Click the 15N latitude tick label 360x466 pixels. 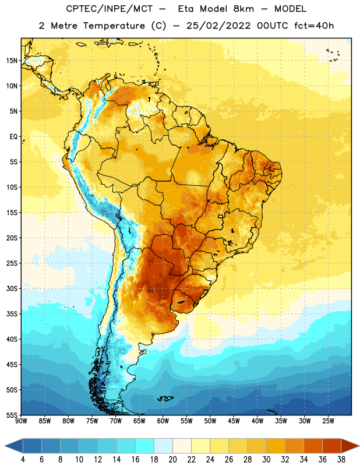[x=12, y=61]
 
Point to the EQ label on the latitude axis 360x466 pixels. [x=13, y=137]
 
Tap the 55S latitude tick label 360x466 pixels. [x=12, y=415]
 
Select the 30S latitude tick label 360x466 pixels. [x=12, y=288]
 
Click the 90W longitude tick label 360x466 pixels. [x=21, y=421]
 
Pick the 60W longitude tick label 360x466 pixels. [x=163, y=421]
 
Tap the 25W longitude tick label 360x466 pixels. [x=328, y=421]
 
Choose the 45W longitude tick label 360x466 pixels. [x=234, y=421]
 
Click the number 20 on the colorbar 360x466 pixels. [x=172, y=460]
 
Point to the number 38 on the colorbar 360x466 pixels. [x=341, y=460]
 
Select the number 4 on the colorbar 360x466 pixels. [x=23, y=460]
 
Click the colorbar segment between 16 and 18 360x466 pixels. [x=145, y=446]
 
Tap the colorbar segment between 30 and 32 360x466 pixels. [x=276, y=446]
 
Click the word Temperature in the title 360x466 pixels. [x=114, y=26]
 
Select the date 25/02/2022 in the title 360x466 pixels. [x=218, y=26]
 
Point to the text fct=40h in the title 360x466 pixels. [x=314, y=26]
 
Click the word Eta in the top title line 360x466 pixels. [x=186, y=9]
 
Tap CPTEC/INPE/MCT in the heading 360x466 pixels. [x=109, y=9]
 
